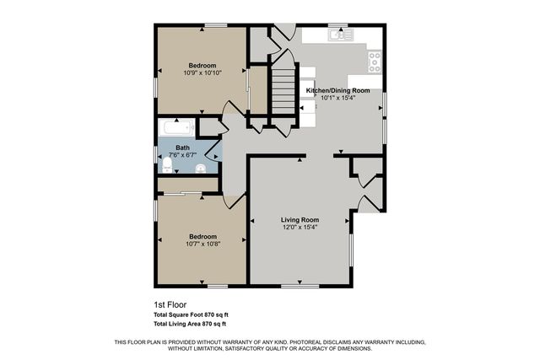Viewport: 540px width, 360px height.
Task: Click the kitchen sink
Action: pyautogui.click(x=341, y=35)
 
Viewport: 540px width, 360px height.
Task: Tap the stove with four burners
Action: pyautogui.click(x=374, y=61)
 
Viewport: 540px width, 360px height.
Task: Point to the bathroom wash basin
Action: pyautogui.click(x=200, y=169)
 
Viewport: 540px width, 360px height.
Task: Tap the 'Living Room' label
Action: pyautogui.click(x=300, y=220)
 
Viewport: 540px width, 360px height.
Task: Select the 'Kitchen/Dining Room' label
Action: pyautogui.click(x=337, y=89)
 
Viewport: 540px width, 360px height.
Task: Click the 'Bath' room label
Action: pyautogui.click(x=182, y=148)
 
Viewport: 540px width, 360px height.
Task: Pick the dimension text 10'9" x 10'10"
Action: pyautogui.click(x=202, y=73)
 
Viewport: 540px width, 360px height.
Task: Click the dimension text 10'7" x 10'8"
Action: pyautogui.click(x=202, y=244)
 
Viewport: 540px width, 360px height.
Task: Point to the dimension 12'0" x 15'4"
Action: pyautogui.click(x=300, y=228)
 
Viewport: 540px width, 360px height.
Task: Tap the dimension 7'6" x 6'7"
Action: pyautogui.click(x=182, y=155)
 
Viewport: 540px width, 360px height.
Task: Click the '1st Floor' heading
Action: pyautogui.click(x=170, y=304)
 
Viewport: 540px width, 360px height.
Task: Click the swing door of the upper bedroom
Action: pyautogui.click(x=229, y=110)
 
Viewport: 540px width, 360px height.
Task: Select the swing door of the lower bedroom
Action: pyautogui.click(x=235, y=201)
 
